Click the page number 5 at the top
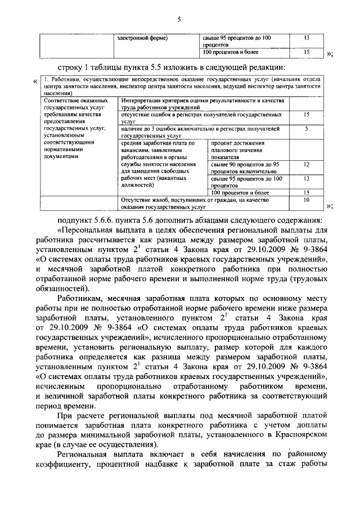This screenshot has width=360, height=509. tap(178, 20)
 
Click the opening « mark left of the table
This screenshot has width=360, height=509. tap(37, 82)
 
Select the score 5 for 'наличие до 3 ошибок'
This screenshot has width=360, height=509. tap(306, 129)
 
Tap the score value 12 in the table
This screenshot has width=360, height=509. tap(306, 165)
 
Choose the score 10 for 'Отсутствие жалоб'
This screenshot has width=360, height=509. tap(306, 200)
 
